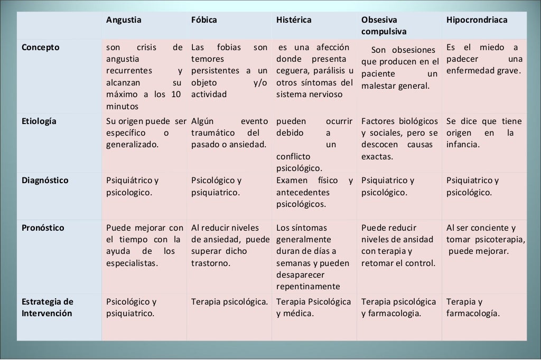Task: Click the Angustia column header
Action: [x=124, y=20]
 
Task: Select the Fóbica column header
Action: [x=204, y=20]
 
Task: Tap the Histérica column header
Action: [x=294, y=20]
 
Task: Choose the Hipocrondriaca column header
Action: [x=477, y=20]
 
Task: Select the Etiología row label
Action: [x=39, y=121]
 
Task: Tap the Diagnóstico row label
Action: [x=45, y=180]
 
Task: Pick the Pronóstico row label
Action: [x=43, y=228]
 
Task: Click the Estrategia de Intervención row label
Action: [x=48, y=308]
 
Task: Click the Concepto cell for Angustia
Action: [x=144, y=77]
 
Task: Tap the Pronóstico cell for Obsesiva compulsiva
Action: [x=399, y=245]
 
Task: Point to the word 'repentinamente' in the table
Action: [x=308, y=287]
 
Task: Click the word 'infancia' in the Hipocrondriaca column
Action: [x=463, y=144]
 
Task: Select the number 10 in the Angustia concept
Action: [x=176, y=94]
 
